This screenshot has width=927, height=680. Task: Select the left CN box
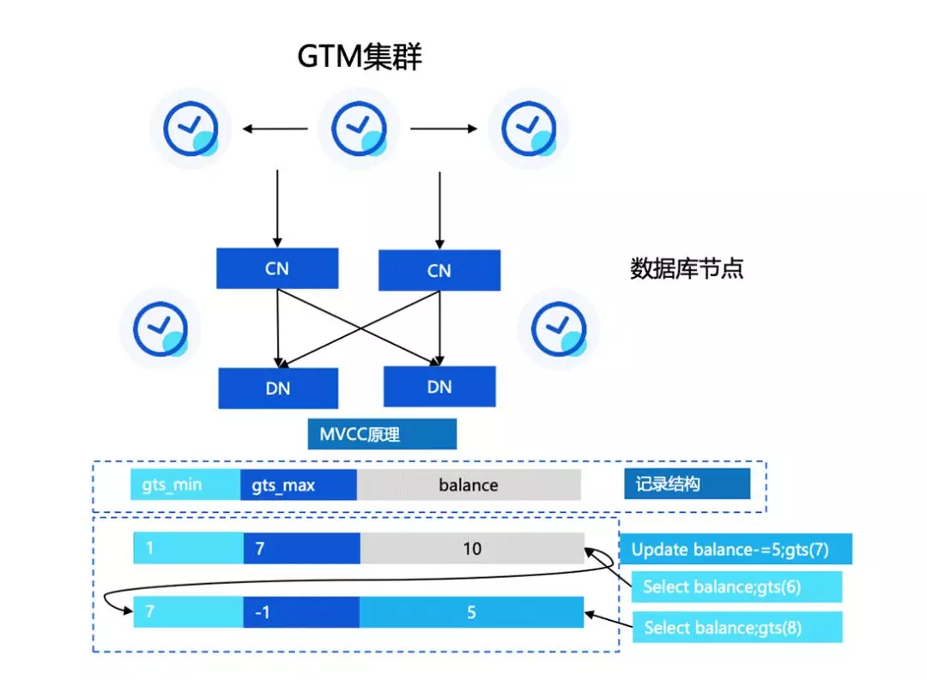pyautogui.click(x=277, y=268)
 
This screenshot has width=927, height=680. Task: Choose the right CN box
pyautogui.click(x=439, y=270)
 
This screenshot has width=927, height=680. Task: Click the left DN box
pyautogui.click(x=277, y=388)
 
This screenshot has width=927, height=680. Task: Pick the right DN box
pyautogui.click(x=439, y=387)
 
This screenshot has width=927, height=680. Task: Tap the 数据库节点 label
pyautogui.click(x=687, y=269)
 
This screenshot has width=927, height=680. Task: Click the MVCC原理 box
pyautogui.click(x=382, y=434)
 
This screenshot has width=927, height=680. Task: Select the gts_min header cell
pyautogui.click(x=185, y=484)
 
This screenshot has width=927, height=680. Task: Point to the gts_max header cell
pyautogui.click(x=299, y=484)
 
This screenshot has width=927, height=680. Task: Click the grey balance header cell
pyautogui.click(x=469, y=484)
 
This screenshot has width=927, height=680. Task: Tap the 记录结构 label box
pyautogui.click(x=687, y=484)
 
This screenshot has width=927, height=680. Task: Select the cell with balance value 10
pyautogui.click(x=472, y=548)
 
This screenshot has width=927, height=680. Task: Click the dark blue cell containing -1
pyautogui.click(x=300, y=613)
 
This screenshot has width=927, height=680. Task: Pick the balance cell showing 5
pyautogui.click(x=471, y=613)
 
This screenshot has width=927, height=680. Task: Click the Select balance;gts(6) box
pyautogui.click(x=736, y=587)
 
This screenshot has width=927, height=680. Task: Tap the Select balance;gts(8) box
pyautogui.click(x=736, y=627)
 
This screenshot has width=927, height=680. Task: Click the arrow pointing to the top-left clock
pyautogui.click(x=274, y=129)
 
